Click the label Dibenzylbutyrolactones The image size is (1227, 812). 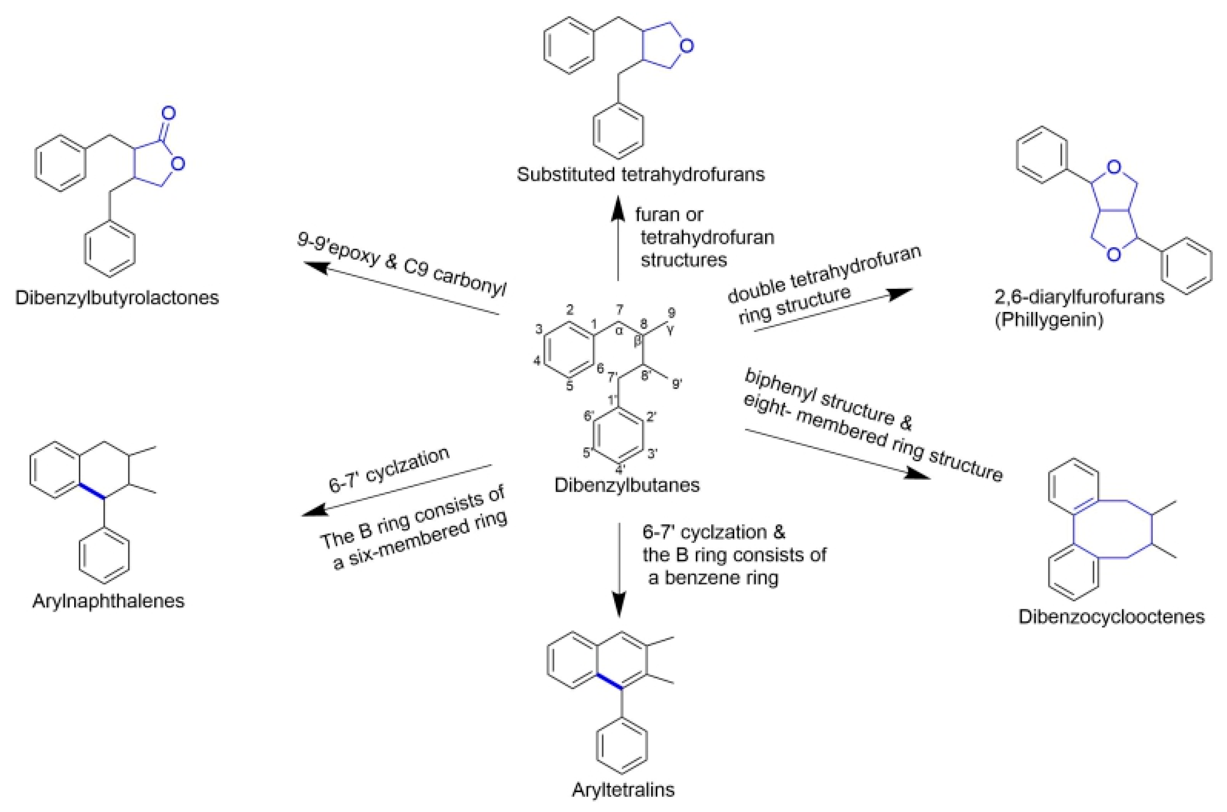[x=117, y=298]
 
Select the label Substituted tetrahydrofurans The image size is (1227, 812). [x=640, y=174]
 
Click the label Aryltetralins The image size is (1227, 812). [x=623, y=790]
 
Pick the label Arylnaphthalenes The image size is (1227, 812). [x=108, y=601]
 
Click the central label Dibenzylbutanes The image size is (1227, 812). [x=627, y=485]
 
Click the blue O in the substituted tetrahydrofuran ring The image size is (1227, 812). [x=686, y=46]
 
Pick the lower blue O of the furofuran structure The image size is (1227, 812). [x=1115, y=254]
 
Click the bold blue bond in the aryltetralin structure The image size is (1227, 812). [x=608, y=681]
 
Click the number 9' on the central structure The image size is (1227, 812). [x=677, y=384]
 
